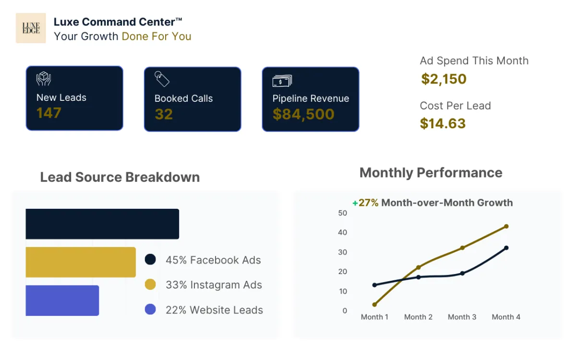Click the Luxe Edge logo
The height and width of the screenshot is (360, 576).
[31, 28]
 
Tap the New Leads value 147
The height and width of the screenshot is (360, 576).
[49, 113]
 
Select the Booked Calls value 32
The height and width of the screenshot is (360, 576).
[164, 114]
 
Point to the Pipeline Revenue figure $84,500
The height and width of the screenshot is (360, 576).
[303, 114]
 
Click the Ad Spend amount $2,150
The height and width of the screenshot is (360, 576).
[444, 79]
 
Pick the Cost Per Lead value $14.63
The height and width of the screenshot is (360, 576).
[443, 124]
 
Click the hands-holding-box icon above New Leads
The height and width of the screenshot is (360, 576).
[44, 79]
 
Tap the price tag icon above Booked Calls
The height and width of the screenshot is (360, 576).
[162, 79]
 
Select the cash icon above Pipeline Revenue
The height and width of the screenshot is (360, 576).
[282, 80]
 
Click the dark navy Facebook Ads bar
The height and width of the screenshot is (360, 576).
[102, 224]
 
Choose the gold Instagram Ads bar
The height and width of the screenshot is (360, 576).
[81, 262]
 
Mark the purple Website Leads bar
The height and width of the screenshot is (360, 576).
[62, 300]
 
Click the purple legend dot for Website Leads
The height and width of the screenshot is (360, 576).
[150, 310]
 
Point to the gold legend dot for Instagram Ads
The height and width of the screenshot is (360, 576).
[150, 285]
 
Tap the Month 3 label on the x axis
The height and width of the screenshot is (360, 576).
[462, 317]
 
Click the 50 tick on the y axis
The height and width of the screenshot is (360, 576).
[342, 213]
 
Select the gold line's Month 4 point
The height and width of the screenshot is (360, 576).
[506, 226]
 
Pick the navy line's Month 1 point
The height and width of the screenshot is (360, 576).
[374, 285]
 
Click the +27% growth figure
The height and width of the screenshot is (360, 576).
[365, 203]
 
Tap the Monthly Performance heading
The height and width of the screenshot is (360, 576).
[431, 173]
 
